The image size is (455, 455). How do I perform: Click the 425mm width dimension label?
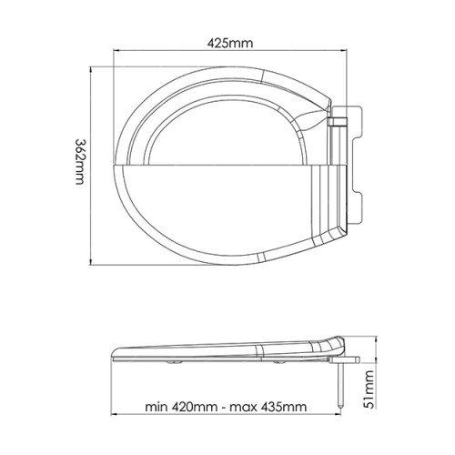coord(229,43)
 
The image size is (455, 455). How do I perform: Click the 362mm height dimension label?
coord(81,162)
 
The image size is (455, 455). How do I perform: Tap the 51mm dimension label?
coord(369,389)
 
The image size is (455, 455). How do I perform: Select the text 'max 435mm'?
coord(268,407)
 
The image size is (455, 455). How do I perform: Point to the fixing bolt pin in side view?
coord(341,385)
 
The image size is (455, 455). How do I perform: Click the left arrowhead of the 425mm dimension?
coord(116,50)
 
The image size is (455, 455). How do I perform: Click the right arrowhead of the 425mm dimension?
coord(343,50)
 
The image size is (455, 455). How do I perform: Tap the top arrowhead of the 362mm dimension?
coord(91,70)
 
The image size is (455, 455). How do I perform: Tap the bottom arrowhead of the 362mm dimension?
coord(91,262)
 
